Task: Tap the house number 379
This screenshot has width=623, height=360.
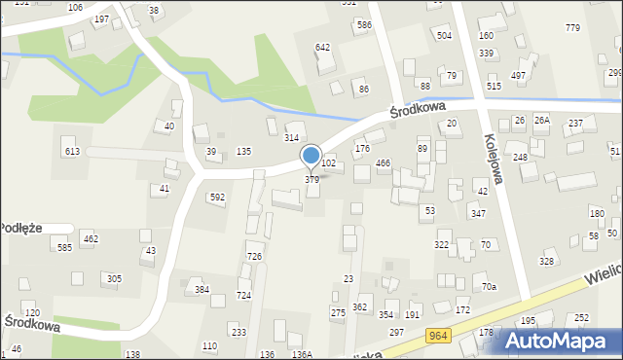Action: click(311, 180)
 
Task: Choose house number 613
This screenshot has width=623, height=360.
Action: click(72, 151)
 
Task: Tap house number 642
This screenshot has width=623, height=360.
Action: click(322, 47)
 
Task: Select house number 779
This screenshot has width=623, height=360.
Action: click(571, 27)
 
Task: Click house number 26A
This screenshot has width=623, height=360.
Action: click(541, 120)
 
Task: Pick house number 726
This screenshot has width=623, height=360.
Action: click(254, 256)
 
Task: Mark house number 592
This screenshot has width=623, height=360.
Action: click(217, 197)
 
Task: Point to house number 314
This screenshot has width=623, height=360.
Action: click(291, 138)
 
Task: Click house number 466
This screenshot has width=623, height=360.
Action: click(384, 163)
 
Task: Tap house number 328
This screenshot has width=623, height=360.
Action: click(547, 261)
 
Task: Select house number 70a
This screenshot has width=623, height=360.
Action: click(490, 286)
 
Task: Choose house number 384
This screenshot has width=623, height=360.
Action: click(202, 289)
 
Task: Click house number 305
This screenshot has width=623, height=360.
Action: click(114, 278)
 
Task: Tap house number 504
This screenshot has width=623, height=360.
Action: click(444, 35)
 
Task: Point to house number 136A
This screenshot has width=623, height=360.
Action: click(302, 354)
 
